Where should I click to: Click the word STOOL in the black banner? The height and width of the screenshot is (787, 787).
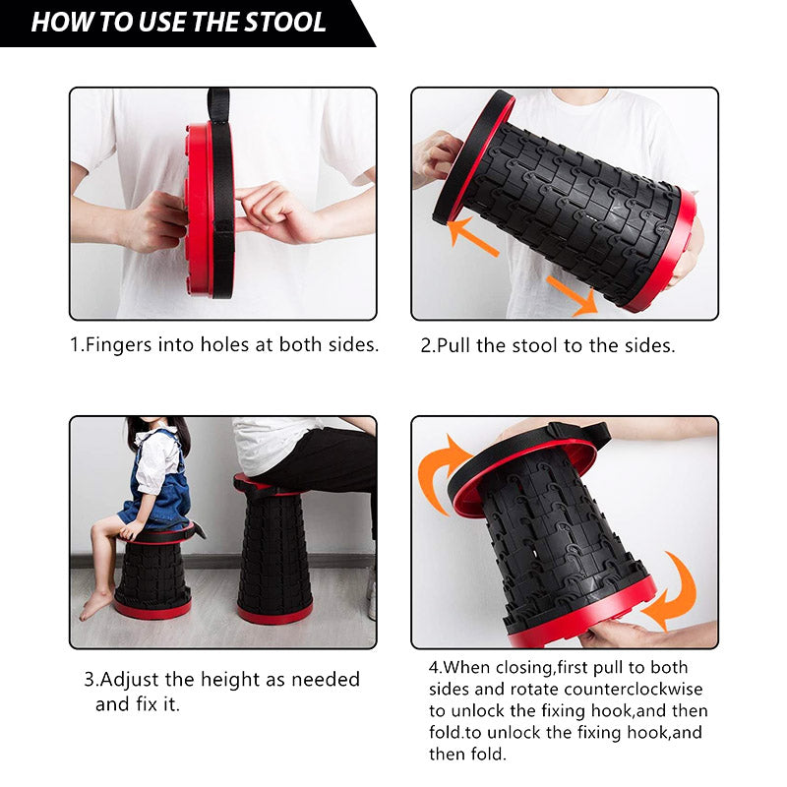tap(284, 22)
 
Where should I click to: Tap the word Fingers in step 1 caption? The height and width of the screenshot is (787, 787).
tap(118, 345)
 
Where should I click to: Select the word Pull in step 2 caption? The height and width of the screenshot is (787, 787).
tap(454, 345)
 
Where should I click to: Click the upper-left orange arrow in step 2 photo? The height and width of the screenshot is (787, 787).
tap(472, 237)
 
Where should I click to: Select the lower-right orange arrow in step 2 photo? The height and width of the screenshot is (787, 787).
tap(573, 296)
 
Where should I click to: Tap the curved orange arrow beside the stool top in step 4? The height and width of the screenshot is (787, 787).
tap(442, 474)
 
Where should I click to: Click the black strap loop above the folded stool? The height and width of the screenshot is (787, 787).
tap(218, 105)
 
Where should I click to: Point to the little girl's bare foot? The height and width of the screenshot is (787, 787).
tap(96, 603)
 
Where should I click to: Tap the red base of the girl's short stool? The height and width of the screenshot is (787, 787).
tap(152, 608)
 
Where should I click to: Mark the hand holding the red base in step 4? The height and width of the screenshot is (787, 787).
tap(623, 634)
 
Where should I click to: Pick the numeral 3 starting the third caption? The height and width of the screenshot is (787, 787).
tap(90, 680)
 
